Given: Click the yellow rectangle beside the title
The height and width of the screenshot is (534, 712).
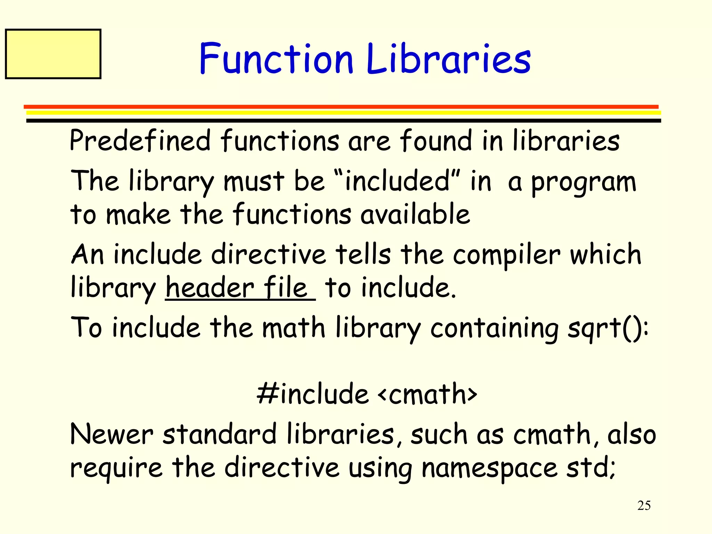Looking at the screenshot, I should [53, 54].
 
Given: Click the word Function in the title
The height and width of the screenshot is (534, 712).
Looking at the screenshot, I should [276, 58].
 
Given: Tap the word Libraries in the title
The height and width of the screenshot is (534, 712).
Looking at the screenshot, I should [448, 58].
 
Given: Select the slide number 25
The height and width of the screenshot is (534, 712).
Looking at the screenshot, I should [644, 505].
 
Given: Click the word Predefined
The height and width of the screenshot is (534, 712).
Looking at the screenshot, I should [140, 141].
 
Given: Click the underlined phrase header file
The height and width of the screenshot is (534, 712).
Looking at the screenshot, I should [240, 288].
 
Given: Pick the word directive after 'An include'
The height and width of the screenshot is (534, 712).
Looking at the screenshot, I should [268, 254].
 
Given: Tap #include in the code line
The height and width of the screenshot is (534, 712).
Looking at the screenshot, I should [313, 394].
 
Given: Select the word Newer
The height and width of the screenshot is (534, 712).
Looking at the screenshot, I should [112, 435].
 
